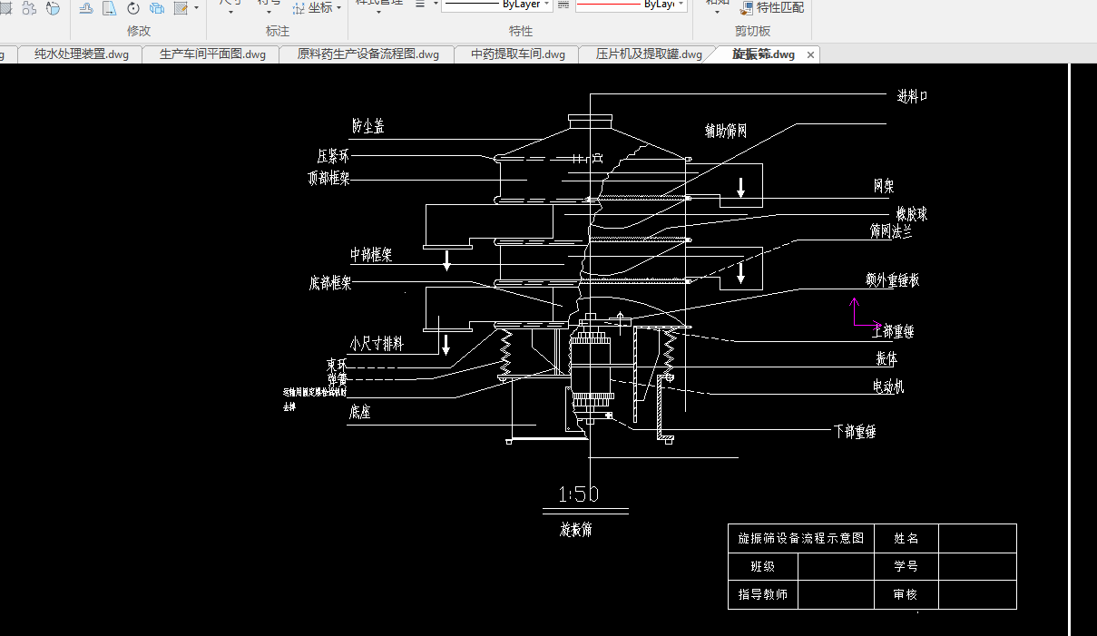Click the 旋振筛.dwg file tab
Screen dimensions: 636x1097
pos(763,54)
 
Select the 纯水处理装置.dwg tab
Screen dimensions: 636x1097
pos(81,54)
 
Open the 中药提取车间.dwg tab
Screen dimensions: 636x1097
pos(517,54)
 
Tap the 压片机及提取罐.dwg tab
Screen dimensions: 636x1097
pos(648,54)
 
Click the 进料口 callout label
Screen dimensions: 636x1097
pos(912,96)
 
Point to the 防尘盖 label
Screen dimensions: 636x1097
pos(367,127)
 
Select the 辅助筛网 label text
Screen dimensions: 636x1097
pos(726,131)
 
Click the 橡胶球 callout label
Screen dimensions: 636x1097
pos(911,214)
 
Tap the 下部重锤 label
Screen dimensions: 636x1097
pos(854,432)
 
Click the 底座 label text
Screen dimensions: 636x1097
pos(360,412)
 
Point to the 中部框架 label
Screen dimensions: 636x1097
pos(371,255)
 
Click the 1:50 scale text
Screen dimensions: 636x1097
pos(579,494)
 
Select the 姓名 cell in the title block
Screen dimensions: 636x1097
pos(906,538)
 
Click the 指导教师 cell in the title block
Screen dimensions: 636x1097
pos(762,595)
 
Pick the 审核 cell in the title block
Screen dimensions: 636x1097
pos(906,595)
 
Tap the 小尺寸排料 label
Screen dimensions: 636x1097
pos(376,345)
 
